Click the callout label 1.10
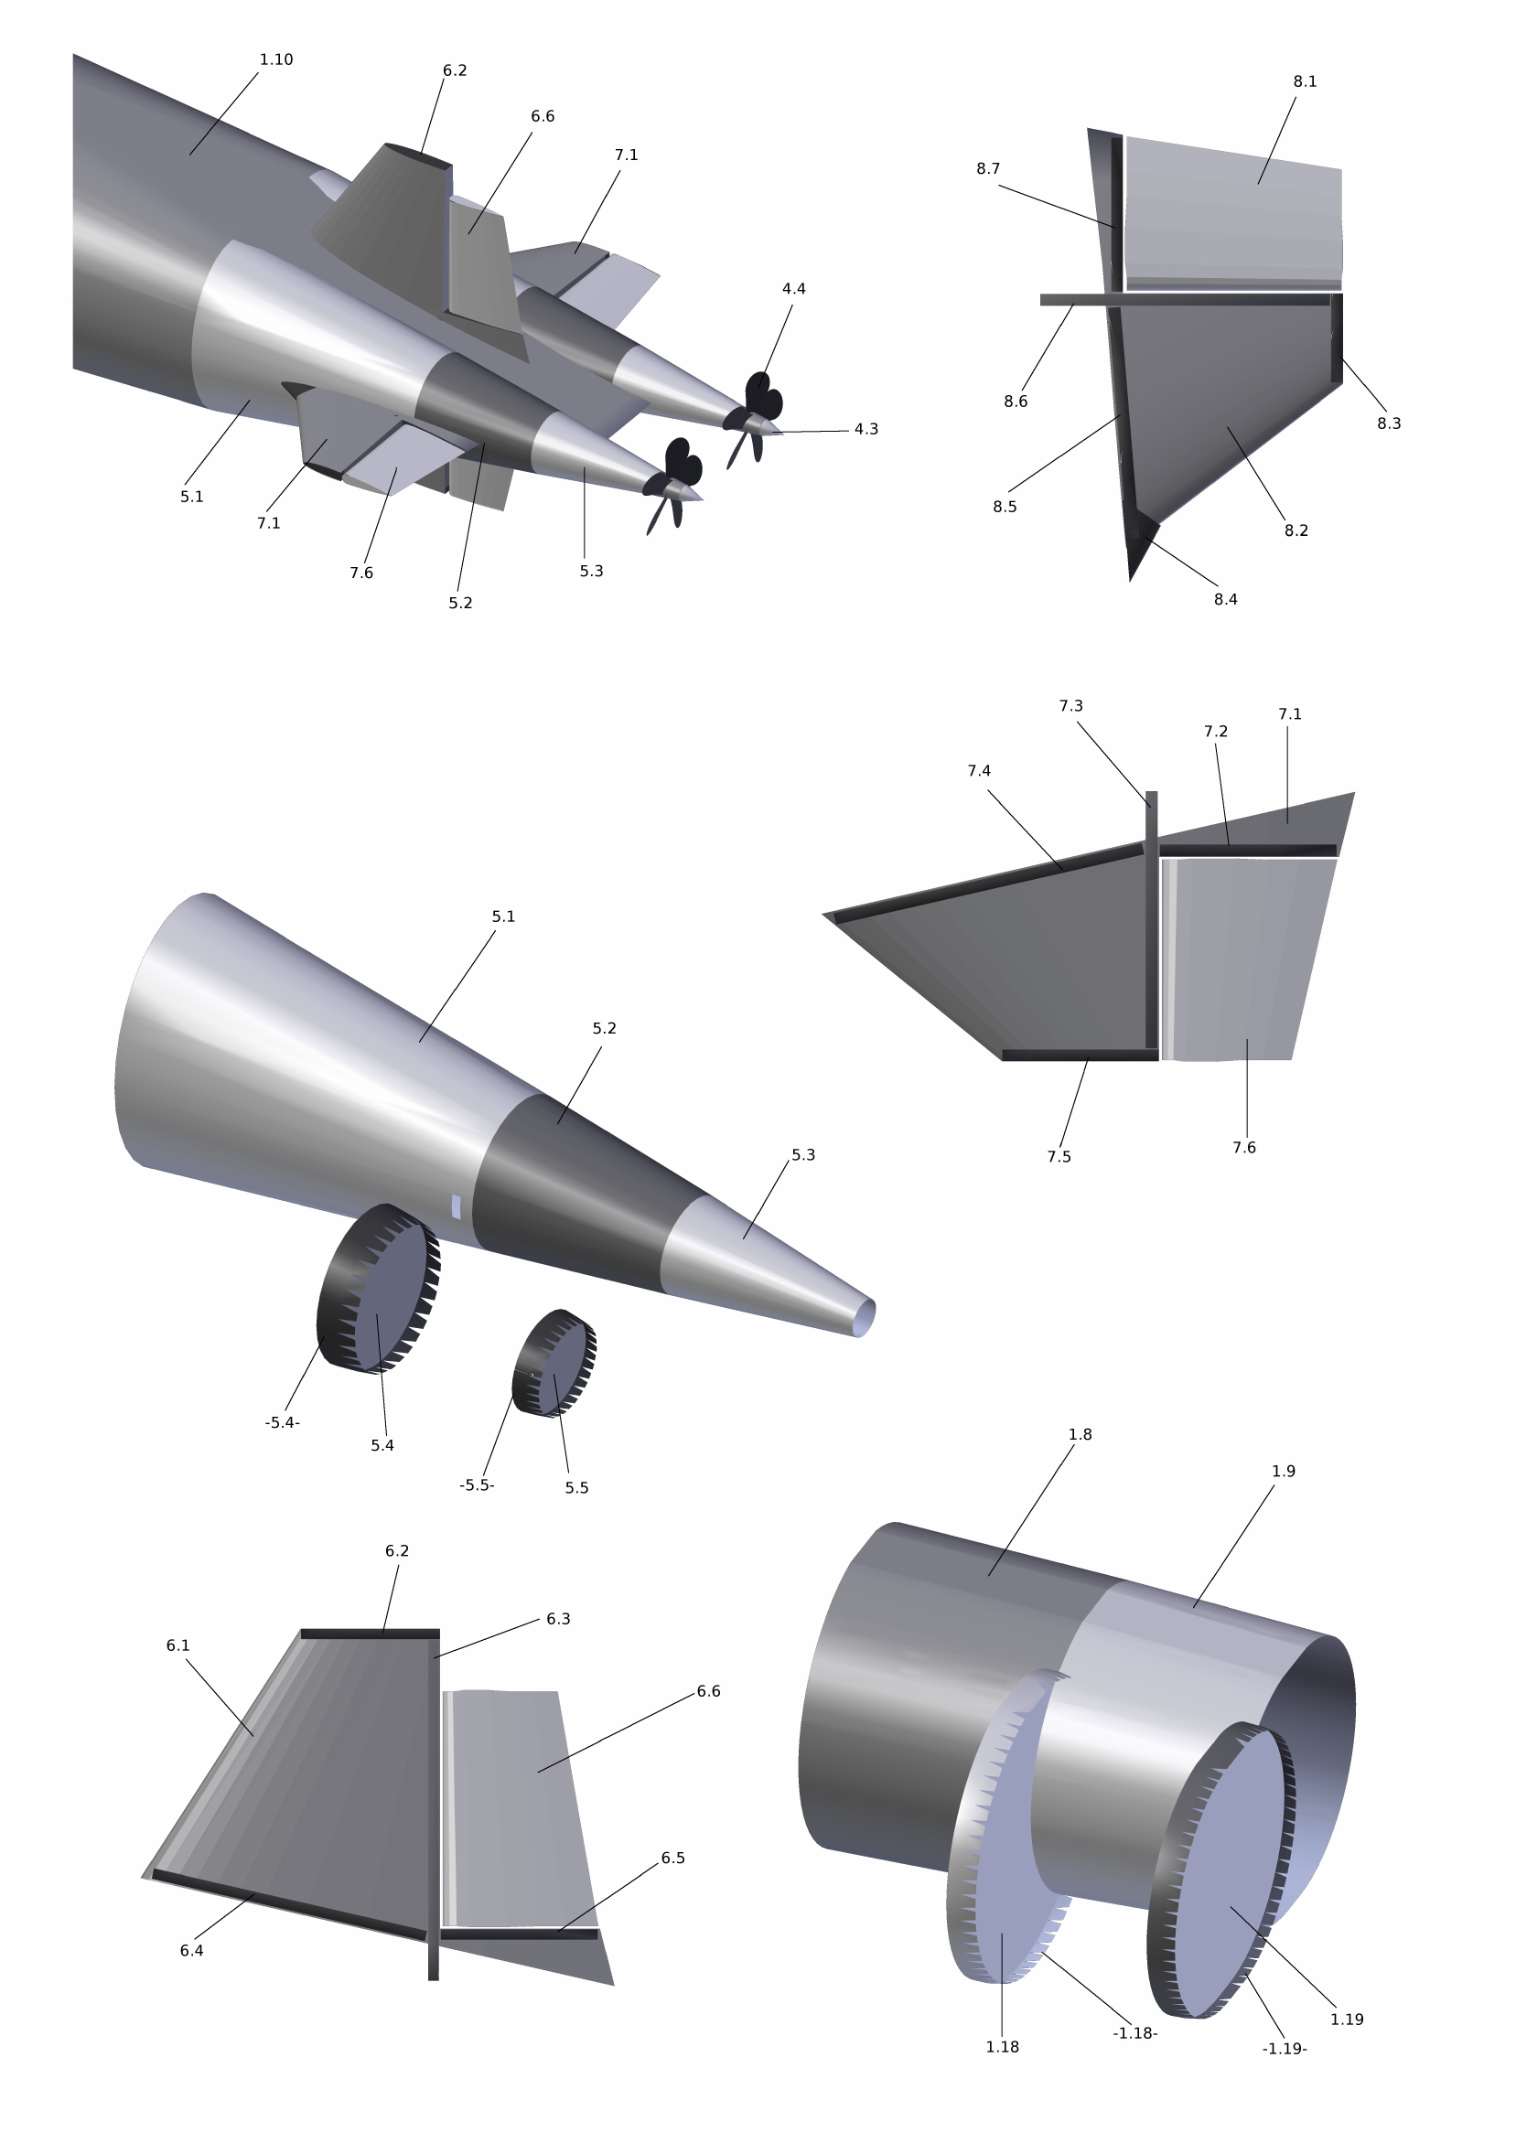coord(276,59)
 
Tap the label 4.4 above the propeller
coord(793,289)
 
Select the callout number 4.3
coord(866,429)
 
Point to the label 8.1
coord(1305,82)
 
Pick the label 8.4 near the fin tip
coord(1226,599)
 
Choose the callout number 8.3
coord(1389,423)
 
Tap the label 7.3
coord(1070,706)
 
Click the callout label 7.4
coord(979,771)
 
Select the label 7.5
coord(1059,1157)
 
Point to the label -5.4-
coord(282,1423)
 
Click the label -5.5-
coord(476,1486)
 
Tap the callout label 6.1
coord(178,1645)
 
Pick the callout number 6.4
coord(191,1951)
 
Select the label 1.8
coord(1081,1434)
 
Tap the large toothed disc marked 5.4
coord(378,1288)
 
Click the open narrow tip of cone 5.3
coord(866,1318)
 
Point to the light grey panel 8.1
coord(1233,213)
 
